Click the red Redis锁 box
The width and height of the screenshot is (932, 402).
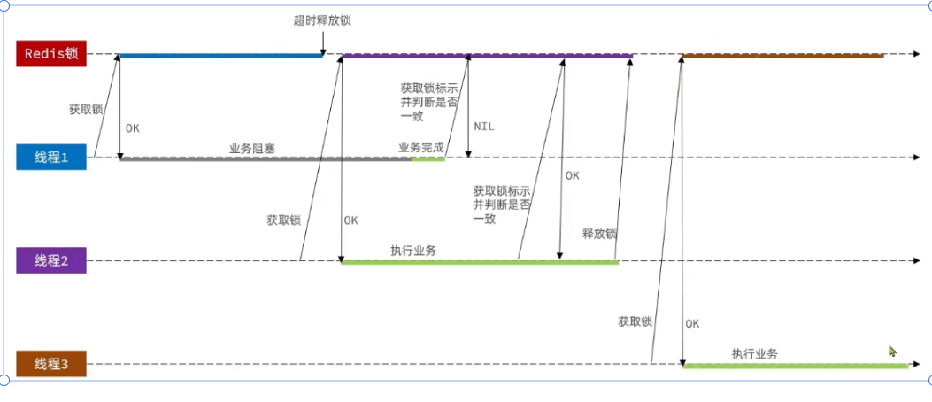click(51, 54)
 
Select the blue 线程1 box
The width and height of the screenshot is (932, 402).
click(51, 158)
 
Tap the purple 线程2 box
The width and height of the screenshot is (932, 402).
click(51, 260)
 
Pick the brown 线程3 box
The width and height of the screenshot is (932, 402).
click(51, 364)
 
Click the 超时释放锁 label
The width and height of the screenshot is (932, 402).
click(328, 19)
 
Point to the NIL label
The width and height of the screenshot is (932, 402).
click(484, 127)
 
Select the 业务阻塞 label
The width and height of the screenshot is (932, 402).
click(252, 149)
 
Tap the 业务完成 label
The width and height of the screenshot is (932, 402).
click(421, 148)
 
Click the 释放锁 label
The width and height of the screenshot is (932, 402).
click(599, 235)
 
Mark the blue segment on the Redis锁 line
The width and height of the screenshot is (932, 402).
click(221, 56)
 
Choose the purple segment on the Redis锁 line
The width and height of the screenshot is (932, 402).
click(487, 56)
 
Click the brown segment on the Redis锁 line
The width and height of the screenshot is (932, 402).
click(783, 56)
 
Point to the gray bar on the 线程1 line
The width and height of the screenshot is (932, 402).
click(266, 158)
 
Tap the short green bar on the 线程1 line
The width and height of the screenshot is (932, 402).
click(427, 158)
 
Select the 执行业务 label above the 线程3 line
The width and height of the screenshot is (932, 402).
click(755, 353)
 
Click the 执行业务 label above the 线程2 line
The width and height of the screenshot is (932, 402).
click(413, 251)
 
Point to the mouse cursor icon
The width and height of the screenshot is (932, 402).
click(893, 352)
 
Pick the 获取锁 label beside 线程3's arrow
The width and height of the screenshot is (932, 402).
click(635, 321)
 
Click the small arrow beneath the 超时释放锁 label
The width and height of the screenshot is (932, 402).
click(324, 42)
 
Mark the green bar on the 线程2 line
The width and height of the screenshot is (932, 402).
click(478, 262)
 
